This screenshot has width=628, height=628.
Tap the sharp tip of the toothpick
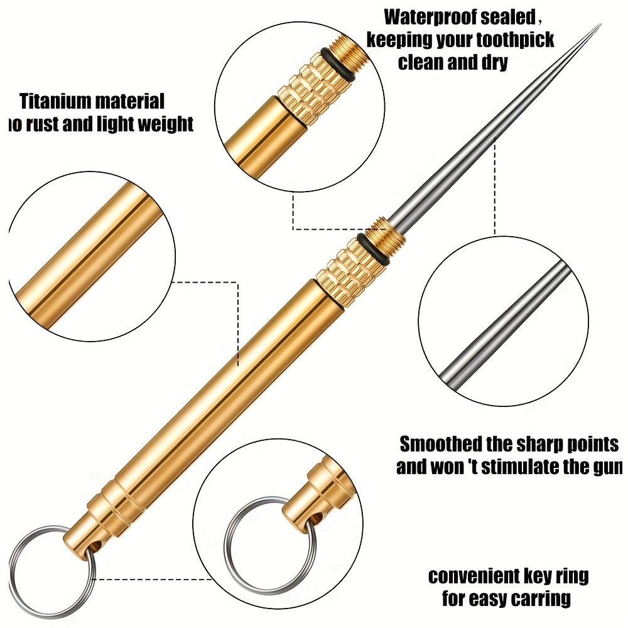[598, 26]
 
